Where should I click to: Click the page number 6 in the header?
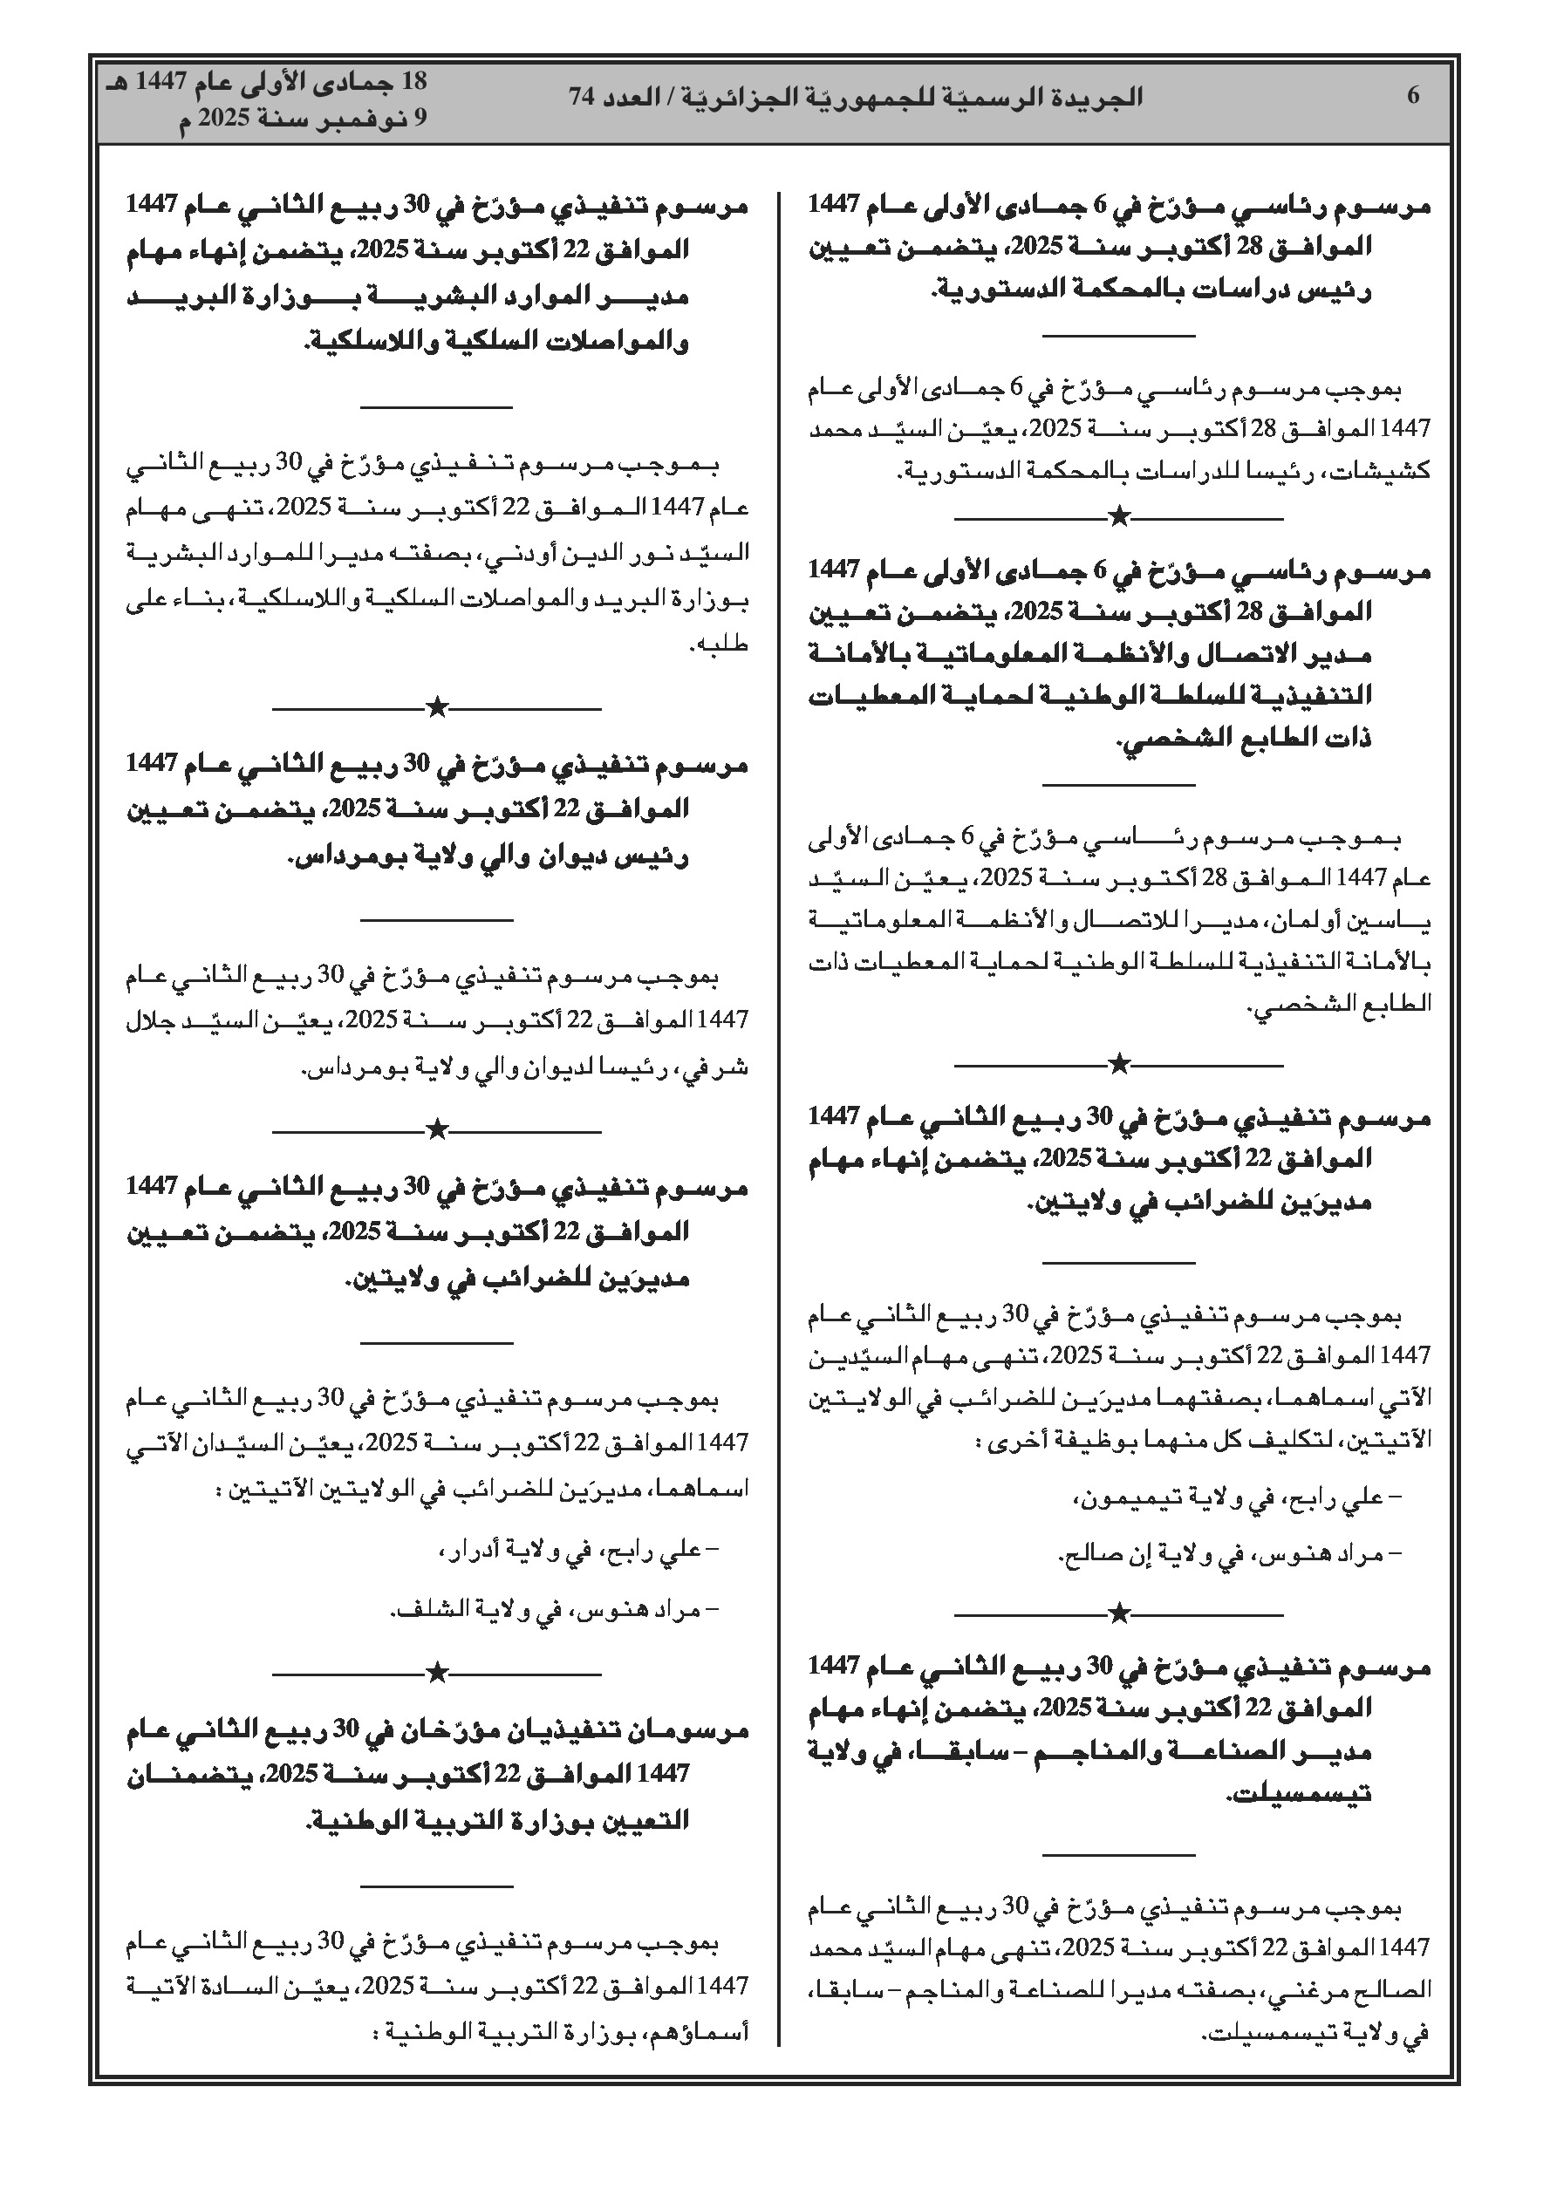[1413, 96]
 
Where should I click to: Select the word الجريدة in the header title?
[1102, 97]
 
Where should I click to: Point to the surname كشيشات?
[1393, 472]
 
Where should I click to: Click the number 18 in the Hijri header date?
[412, 83]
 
